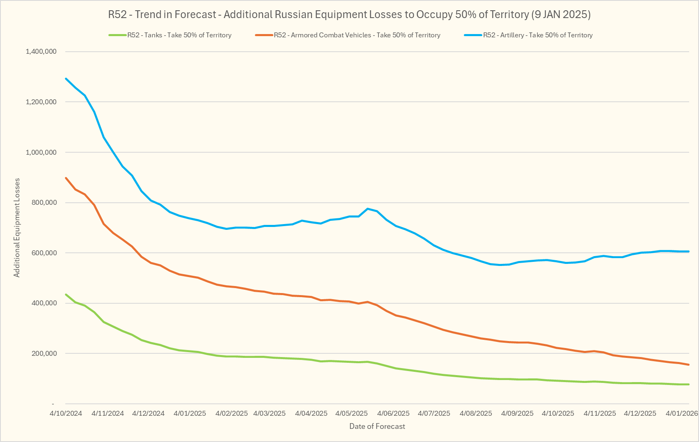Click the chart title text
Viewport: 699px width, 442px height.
pyautogui.click(x=349, y=15)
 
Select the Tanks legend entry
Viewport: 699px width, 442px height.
pyautogui.click(x=179, y=35)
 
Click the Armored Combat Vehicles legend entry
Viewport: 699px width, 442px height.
pyautogui.click(x=357, y=35)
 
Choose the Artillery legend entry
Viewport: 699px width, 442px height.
pyautogui.click(x=537, y=35)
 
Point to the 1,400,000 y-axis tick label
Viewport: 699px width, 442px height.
pyautogui.click(x=41, y=52)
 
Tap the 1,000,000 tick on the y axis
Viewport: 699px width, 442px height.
pyautogui.click(x=41, y=152)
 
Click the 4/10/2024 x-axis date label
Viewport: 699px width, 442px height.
pyautogui.click(x=66, y=413)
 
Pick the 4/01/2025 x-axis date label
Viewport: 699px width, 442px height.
pyautogui.click(x=190, y=413)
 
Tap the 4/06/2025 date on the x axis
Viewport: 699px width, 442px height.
pyautogui.click(x=394, y=413)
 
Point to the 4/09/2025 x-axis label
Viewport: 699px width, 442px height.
pyautogui.click(x=517, y=413)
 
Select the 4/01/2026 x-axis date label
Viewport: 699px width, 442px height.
pyautogui.click(x=681, y=413)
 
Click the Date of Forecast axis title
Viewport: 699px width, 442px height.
pyautogui.click(x=377, y=426)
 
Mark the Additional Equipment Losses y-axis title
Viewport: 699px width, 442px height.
pyautogui.click(x=17, y=228)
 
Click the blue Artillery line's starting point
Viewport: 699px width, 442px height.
pyautogui.click(x=66, y=78)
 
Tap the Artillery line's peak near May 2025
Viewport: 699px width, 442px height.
pyautogui.click(x=368, y=208)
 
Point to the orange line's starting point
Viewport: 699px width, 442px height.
pyautogui.click(x=66, y=178)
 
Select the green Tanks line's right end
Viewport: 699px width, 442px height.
pyautogui.click(x=688, y=384)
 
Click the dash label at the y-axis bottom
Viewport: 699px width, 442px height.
pyautogui.click(x=53, y=404)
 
